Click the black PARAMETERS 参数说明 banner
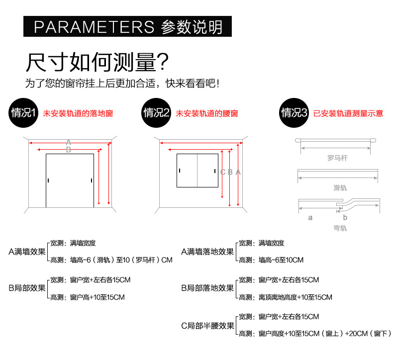pyautogui.click(x=128, y=26)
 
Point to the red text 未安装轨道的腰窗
pyautogui.click(x=207, y=113)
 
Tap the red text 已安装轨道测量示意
pyautogui.click(x=348, y=113)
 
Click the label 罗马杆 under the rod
pyautogui.click(x=337, y=159)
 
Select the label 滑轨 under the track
pyautogui.click(x=340, y=187)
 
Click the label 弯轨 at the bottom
pyautogui.click(x=340, y=228)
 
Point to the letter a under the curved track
pyautogui.click(x=310, y=217)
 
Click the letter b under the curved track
pyautogui.click(x=345, y=217)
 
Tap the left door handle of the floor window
pyautogui.click(x=49, y=180)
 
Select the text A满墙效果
pyautogui.click(x=27, y=252)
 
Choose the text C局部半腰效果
pyautogui.click(x=207, y=326)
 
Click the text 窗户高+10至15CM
pyautogui.click(x=98, y=297)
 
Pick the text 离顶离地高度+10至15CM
pyautogui.click(x=295, y=297)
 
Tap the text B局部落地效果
pyautogui.click(x=207, y=288)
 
